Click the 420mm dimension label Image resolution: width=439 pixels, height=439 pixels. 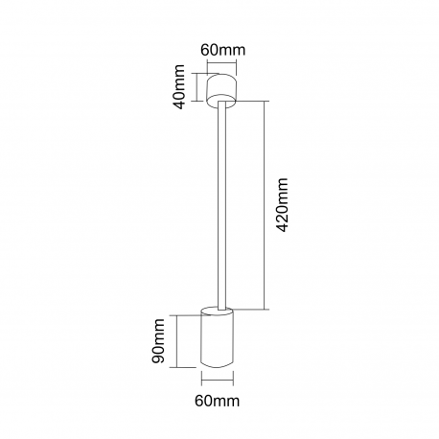click(282, 205)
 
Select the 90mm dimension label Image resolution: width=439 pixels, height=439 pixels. click(158, 340)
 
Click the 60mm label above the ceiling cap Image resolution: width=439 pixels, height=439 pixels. click(223, 50)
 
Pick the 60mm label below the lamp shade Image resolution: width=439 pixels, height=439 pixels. click(218, 401)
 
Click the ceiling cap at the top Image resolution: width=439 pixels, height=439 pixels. click(221, 90)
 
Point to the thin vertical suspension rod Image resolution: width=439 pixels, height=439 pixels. click(222, 205)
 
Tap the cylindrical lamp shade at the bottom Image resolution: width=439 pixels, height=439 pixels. click(217, 337)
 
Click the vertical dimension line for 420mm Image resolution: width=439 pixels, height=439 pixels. click(265, 205)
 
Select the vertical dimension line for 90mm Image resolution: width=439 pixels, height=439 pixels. click(176, 341)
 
